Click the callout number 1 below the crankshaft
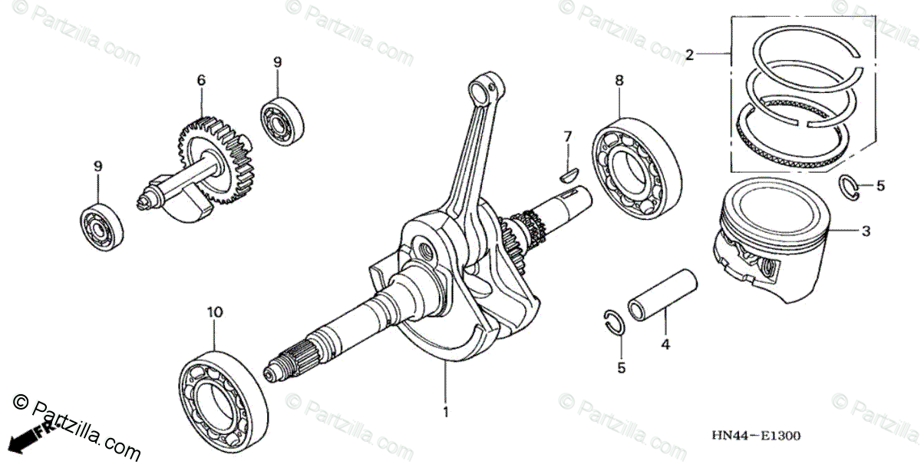(x=445, y=413)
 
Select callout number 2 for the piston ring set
(x=689, y=55)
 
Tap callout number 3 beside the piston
(x=865, y=231)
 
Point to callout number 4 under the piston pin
(x=665, y=345)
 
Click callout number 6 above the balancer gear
(x=201, y=80)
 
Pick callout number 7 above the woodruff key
(x=568, y=137)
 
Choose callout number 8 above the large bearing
(x=619, y=80)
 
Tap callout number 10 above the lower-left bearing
(x=214, y=312)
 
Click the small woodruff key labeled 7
(x=568, y=174)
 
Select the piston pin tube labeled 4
(x=662, y=295)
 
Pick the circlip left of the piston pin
(x=614, y=323)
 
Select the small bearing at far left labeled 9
(x=102, y=224)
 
